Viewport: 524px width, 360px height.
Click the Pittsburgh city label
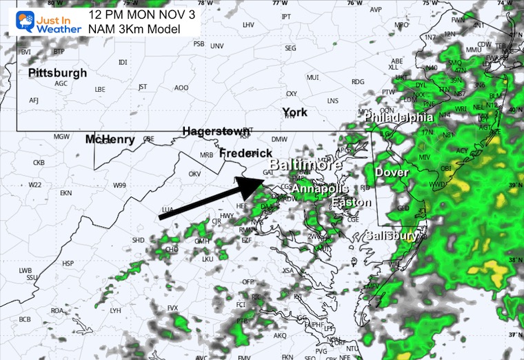point(58,72)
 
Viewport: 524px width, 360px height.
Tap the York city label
point(294,112)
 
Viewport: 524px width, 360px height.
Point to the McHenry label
point(110,139)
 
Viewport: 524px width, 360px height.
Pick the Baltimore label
point(305,166)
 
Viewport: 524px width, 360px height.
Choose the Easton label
point(352,202)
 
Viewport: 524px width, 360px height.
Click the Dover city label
point(392,172)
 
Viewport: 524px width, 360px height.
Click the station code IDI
point(123,62)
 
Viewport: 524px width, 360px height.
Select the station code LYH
point(116,310)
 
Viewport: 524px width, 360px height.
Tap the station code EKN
point(66,193)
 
